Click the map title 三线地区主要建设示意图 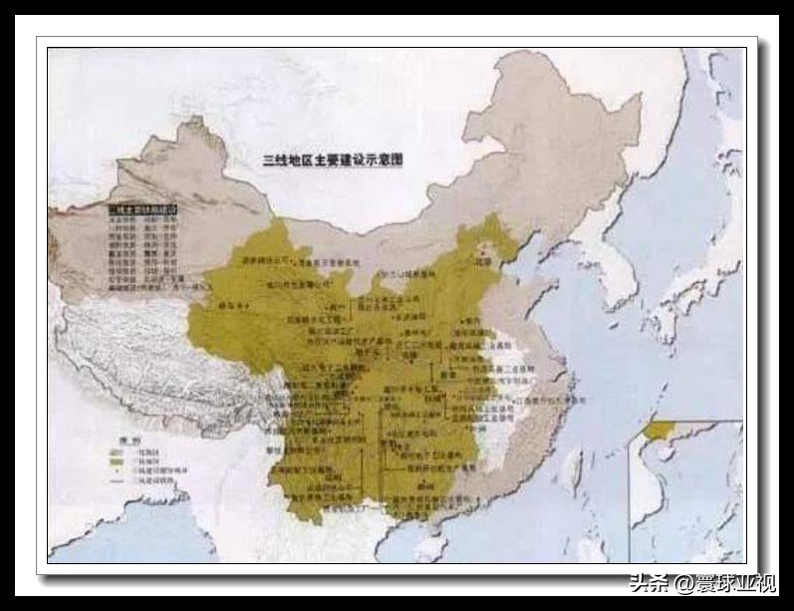pyautogui.click(x=332, y=159)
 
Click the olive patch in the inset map pyautogui.click(x=658, y=431)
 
